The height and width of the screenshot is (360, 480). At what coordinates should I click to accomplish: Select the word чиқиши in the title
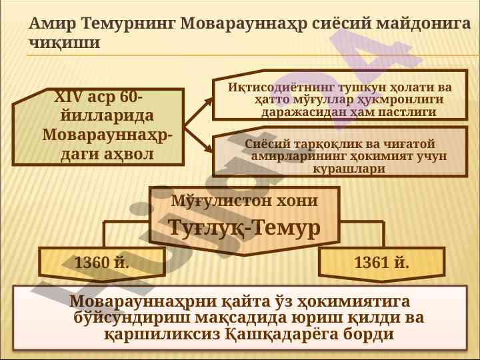pyautogui.click(x=64, y=43)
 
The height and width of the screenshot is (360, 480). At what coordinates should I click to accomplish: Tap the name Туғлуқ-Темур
pyautogui.click(x=245, y=228)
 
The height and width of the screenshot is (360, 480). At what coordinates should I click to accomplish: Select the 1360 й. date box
pyautogui.click(x=102, y=263)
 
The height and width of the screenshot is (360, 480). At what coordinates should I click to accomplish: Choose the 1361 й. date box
pyautogui.click(x=381, y=263)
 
